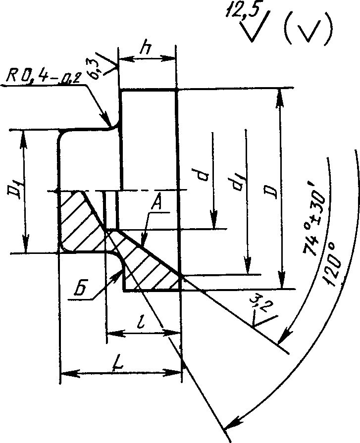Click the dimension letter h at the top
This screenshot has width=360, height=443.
click(146, 49)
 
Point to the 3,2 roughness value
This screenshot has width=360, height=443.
click(259, 304)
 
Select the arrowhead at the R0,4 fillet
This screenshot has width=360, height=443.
click(105, 118)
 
